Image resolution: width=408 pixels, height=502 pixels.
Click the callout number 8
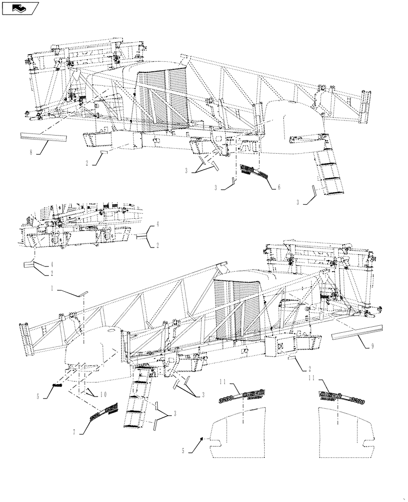[x=31, y=152]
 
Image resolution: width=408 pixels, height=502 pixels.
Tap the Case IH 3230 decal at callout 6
[x=254, y=172]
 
